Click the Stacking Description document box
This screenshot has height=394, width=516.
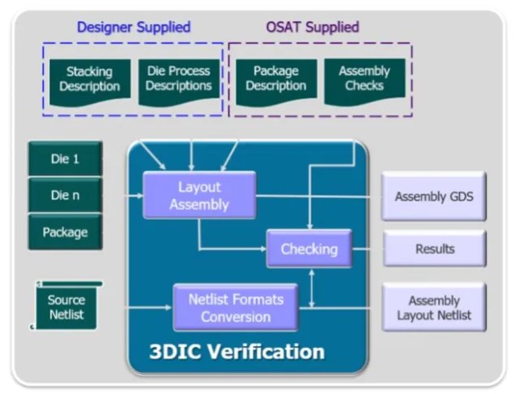[89, 80]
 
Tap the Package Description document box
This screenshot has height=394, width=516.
[275, 80]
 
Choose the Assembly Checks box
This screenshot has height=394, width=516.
[364, 80]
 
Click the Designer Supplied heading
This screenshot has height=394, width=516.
[133, 28]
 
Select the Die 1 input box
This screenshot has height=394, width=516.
[65, 159]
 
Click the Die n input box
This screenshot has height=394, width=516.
[65, 196]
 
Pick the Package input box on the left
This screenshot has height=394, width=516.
[65, 232]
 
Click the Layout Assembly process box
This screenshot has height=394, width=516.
[199, 196]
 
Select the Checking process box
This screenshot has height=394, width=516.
[309, 249]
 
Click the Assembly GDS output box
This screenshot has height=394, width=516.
[433, 196]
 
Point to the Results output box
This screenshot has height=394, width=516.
[434, 249]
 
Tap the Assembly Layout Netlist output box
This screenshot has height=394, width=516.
[434, 308]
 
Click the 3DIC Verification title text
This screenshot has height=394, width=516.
[236, 352]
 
